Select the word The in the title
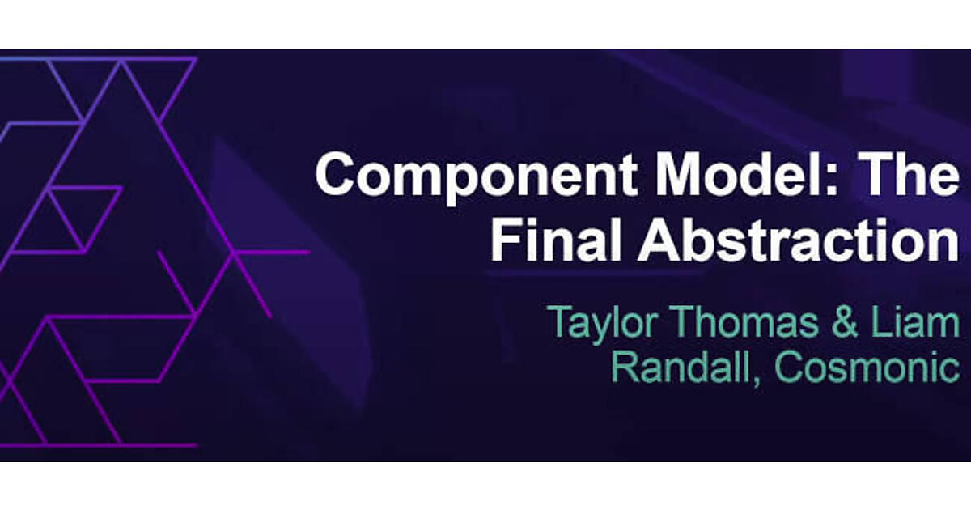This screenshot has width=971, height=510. point(909,173)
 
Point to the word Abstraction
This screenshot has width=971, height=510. point(798,240)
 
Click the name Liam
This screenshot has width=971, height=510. point(915,322)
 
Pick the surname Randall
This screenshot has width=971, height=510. point(682,367)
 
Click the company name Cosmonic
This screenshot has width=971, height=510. point(867,367)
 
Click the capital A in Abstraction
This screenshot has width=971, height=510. point(659,240)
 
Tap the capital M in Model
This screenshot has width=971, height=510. point(676,174)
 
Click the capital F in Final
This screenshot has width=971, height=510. point(505,240)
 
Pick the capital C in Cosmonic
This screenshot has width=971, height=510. point(789,367)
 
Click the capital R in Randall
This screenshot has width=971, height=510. point(625,367)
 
